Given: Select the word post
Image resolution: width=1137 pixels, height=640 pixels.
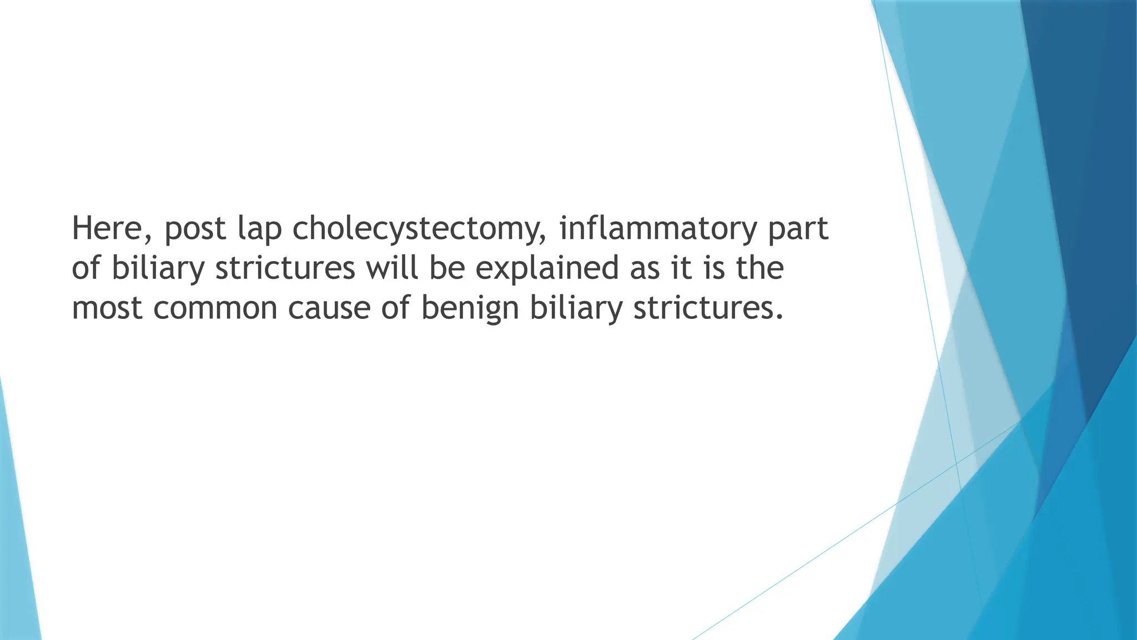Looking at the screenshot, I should click(x=195, y=229).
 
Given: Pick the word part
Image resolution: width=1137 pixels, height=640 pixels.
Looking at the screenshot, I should click(x=798, y=229).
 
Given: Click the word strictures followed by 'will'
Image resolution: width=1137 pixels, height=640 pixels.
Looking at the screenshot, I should click(x=285, y=268).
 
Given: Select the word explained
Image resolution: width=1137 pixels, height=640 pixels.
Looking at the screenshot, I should click(x=547, y=268).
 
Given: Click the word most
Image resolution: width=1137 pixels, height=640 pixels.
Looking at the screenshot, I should click(x=107, y=308).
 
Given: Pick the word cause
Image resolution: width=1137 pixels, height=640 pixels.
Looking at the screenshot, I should click(x=329, y=308).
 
